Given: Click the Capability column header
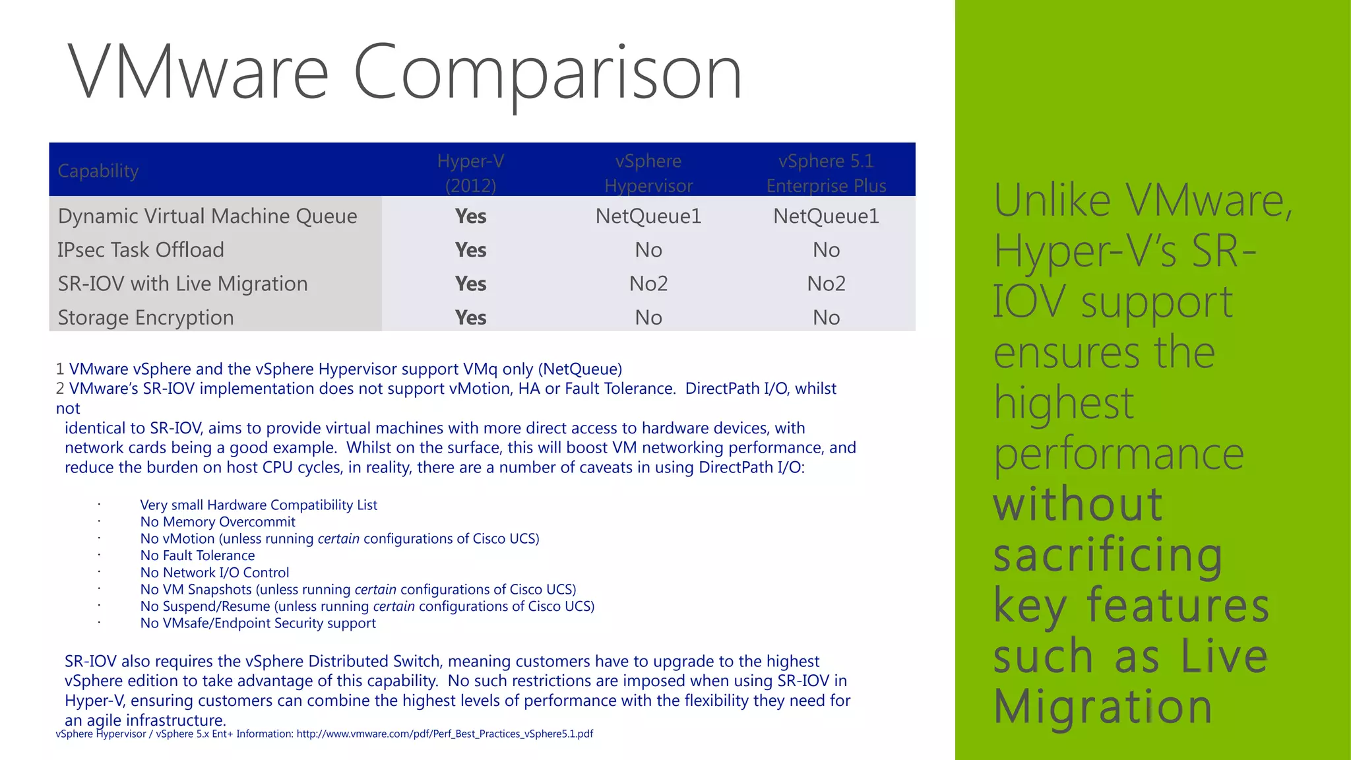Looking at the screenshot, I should click(98, 171).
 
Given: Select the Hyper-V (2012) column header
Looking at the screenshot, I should click(470, 173).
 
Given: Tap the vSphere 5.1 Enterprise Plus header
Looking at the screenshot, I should click(826, 173).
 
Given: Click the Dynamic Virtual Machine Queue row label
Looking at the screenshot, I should click(207, 216).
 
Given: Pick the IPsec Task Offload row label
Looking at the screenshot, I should click(141, 250).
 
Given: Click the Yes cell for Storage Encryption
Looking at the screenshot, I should click(470, 317).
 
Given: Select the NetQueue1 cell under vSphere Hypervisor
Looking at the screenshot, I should click(648, 216).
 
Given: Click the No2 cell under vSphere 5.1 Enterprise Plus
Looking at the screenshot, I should click(826, 284).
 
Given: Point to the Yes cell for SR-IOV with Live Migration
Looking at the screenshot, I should click(470, 284).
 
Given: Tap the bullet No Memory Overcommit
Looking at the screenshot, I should click(218, 522).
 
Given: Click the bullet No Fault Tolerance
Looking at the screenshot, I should click(197, 555).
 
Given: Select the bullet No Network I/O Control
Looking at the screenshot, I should click(214, 573).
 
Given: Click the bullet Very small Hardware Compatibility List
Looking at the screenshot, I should click(259, 505).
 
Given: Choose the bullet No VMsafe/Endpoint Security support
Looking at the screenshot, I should click(258, 623).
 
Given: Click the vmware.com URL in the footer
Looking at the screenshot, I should click(445, 734).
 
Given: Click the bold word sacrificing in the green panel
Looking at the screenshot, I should click(1108, 555).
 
